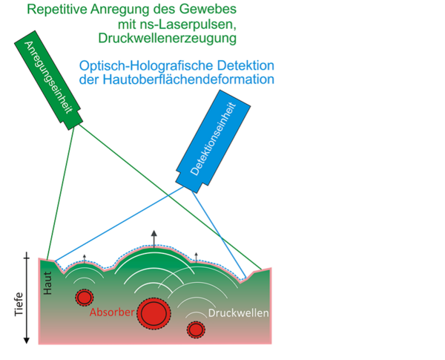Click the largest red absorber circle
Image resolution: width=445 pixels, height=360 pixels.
[x=154, y=312]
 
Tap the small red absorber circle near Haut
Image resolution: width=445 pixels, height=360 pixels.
[x=83, y=298]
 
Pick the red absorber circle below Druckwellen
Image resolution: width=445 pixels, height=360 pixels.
[x=196, y=329]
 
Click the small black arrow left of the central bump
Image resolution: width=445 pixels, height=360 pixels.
[x=84, y=258]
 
